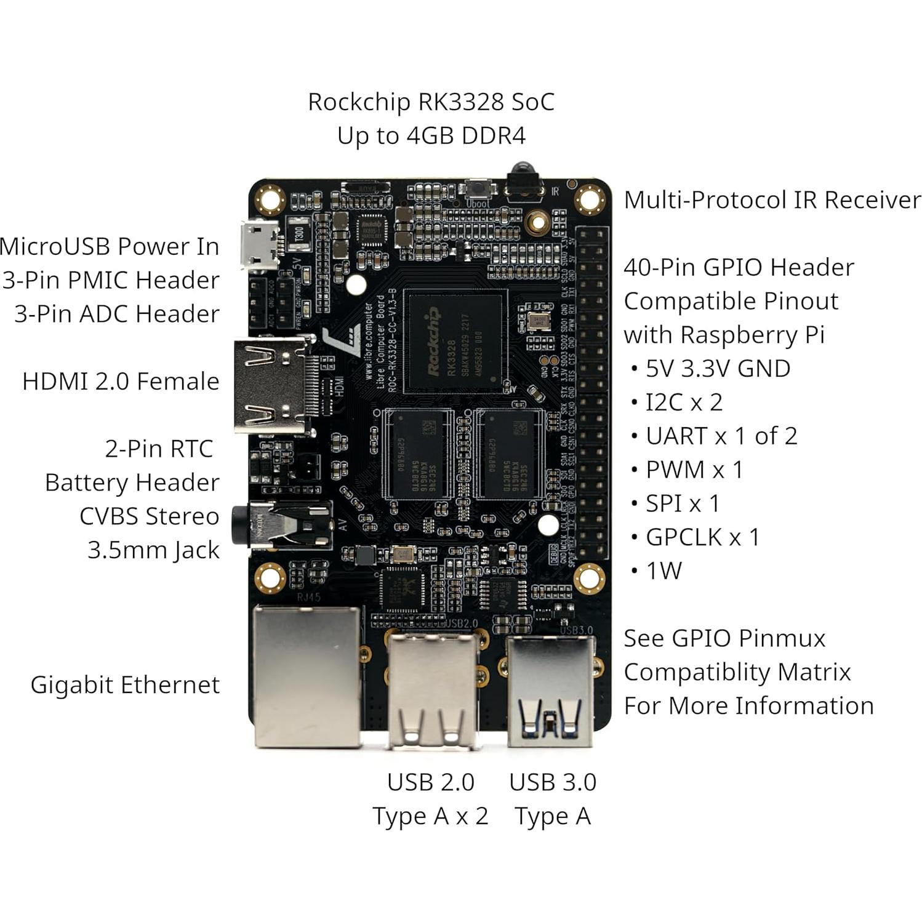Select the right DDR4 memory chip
point(509,454)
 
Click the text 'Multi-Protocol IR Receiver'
point(772,200)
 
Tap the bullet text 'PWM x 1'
point(694,470)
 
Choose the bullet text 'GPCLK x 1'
point(702,537)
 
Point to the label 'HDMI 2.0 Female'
point(121,382)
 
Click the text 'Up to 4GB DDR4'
point(431,135)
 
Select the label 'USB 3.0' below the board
point(552,782)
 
